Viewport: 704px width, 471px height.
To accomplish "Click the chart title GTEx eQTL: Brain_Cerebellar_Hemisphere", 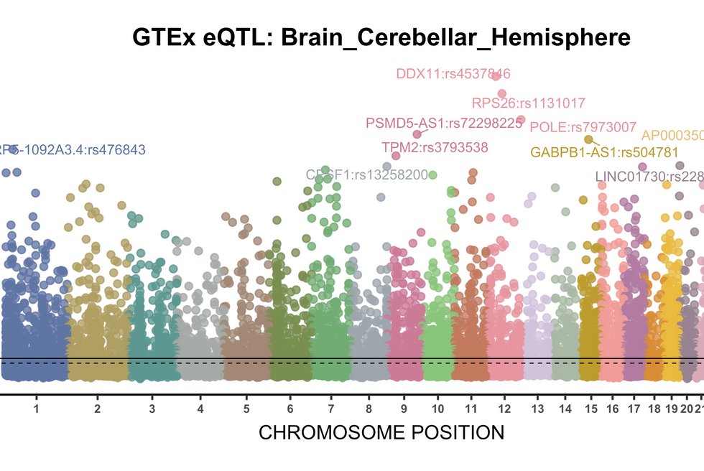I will coord(381,37).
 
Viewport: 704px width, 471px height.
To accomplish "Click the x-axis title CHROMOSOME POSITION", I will coord(381,433).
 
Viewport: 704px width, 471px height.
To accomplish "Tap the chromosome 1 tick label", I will coord(36,409).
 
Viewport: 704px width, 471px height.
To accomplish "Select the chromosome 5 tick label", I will coord(246,409).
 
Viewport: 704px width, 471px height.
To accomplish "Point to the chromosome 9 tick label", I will coord(403,409).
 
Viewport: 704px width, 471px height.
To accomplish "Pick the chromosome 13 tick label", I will coord(538,409).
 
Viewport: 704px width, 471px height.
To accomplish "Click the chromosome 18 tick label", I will coord(654,409).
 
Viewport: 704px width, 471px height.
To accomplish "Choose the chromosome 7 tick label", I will coord(330,409).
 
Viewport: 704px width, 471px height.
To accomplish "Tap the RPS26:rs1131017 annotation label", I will coord(529,103).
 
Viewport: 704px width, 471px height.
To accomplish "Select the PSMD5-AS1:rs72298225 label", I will coord(444,123).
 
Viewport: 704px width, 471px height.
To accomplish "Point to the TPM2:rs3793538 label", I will coord(435,147).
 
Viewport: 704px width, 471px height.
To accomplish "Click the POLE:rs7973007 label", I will coord(583,128).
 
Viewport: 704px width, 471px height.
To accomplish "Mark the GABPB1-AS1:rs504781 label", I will coord(604,152).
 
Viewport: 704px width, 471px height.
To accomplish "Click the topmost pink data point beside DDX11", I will coord(496,77).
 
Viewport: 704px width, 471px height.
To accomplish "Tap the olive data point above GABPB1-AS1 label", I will coord(588,139).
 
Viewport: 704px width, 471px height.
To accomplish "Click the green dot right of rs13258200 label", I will coord(432,174).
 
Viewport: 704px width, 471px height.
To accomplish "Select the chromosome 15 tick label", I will coord(590,409).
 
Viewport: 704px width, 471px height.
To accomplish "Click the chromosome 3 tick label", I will coord(152,409).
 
